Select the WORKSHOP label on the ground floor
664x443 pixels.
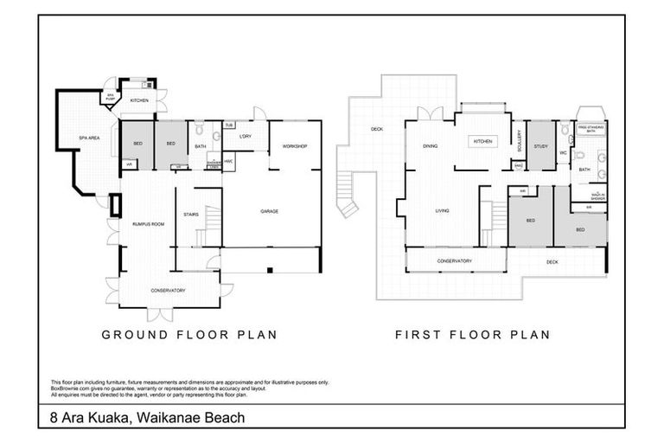[295, 146]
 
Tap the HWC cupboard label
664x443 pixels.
[228, 161]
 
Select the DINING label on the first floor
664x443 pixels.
[430, 146]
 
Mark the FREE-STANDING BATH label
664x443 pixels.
[591, 127]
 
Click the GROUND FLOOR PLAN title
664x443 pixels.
[189, 334]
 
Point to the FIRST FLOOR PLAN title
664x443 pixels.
[473, 334]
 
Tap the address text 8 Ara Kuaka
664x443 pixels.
[144, 418]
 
